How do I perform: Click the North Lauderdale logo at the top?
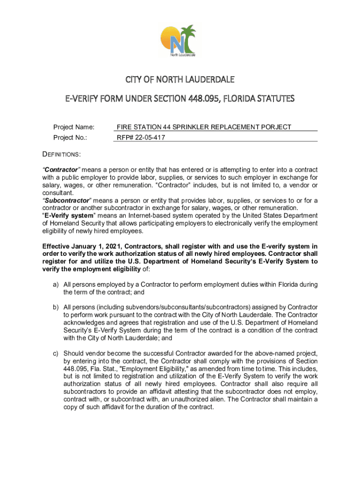coord(180,41)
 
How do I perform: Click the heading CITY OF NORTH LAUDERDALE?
coord(180,79)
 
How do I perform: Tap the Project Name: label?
coord(74,127)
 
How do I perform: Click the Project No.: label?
coord(71,138)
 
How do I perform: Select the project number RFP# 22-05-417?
coord(141,138)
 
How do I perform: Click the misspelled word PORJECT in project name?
coord(276,127)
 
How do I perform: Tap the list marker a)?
coord(55,284)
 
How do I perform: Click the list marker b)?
coord(55,307)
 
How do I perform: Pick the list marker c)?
coord(55,353)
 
